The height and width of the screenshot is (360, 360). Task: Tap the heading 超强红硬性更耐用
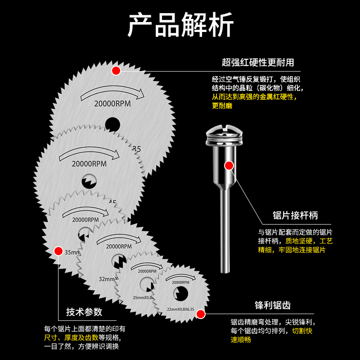(x=258, y=62)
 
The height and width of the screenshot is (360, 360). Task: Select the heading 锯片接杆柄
(x=295, y=215)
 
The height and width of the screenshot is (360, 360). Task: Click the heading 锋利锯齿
(x=273, y=305)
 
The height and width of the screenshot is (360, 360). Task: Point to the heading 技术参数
(x=84, y=312)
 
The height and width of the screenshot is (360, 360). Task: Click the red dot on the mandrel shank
(x=229, y=166)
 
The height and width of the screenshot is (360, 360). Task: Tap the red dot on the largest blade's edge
(x=116, y=70)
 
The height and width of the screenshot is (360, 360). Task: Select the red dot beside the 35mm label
(x=58, y=251)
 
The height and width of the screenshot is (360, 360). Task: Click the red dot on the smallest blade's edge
(x=201, y=314)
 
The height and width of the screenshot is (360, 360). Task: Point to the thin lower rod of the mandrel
(x=223, y=234)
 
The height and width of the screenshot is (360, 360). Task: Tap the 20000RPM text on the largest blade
(x=112, y=103)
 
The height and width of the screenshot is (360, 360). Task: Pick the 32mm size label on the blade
(x=108, y=279)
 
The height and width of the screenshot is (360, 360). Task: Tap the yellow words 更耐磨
(x=222, y=106)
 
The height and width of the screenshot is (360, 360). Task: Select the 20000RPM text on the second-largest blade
(x=89, y=164)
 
